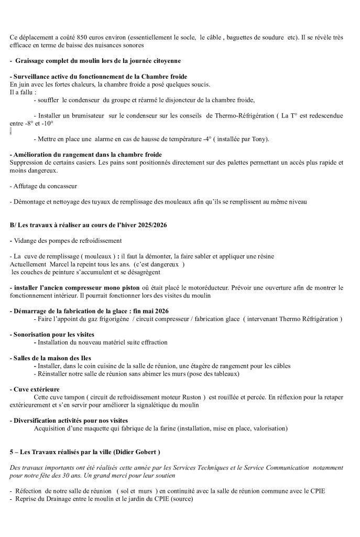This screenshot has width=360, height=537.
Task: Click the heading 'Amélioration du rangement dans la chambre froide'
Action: pyautogui.click(x=86, y=155)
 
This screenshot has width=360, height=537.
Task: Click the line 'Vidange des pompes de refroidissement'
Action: pyautogui.click(x=66, y=240)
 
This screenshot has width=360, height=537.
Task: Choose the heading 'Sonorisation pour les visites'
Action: pyautogui.click(x=54, y=334)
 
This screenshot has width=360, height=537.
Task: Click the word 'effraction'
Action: pyautogui.click(x=152, y=342)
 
